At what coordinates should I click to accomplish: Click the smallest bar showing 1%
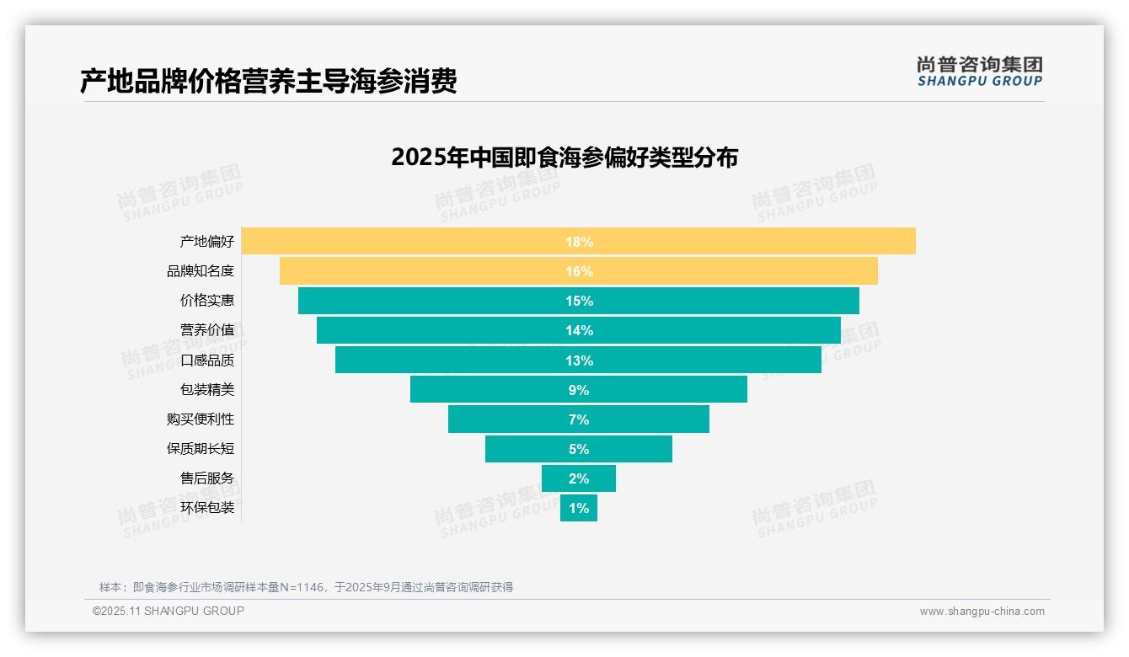tap(579, 508)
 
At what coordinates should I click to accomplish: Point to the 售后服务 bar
tap(579, 478)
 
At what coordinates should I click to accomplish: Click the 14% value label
tap(579, 331)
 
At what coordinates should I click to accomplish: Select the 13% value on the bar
tap(579, 361)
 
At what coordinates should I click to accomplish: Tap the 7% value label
tap(579, 419)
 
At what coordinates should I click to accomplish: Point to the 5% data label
tap(579, 449)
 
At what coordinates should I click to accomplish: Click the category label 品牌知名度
tap(201, 271)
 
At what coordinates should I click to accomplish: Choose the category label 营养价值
tap(207, 330)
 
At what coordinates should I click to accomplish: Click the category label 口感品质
tap(207, 361)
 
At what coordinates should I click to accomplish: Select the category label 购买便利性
tap(201, 419)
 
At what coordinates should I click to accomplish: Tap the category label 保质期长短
tap(201, 449)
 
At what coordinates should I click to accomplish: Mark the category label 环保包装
tap(207, 508)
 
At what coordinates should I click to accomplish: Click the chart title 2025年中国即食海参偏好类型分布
tap(564, 158)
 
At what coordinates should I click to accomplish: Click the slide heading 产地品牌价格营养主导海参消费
tap(268, 82)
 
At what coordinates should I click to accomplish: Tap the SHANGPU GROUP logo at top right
tap(979, 72)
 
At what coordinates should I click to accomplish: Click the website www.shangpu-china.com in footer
tap(982, 612)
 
